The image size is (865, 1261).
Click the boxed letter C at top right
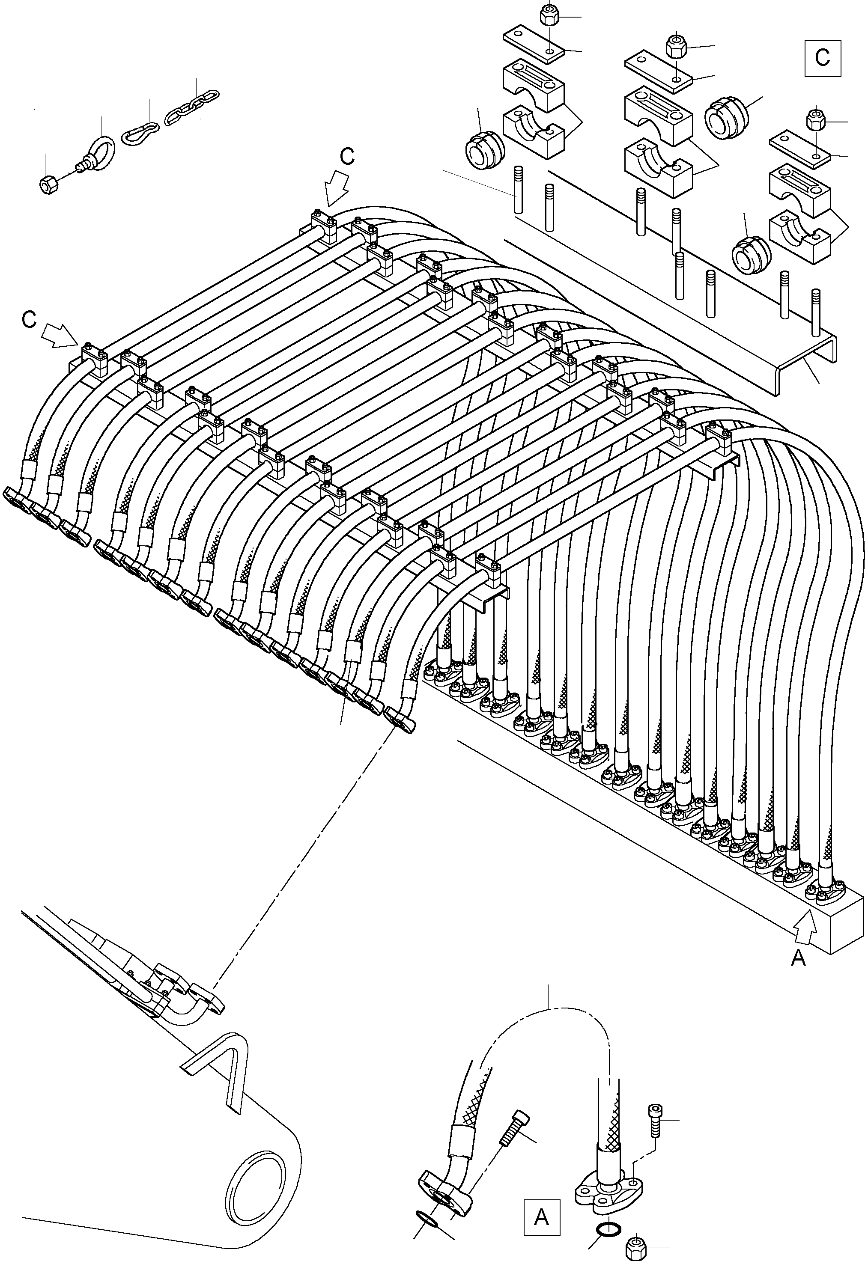823,57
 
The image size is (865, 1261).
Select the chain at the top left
192,106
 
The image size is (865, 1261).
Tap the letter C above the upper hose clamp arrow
347,156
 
